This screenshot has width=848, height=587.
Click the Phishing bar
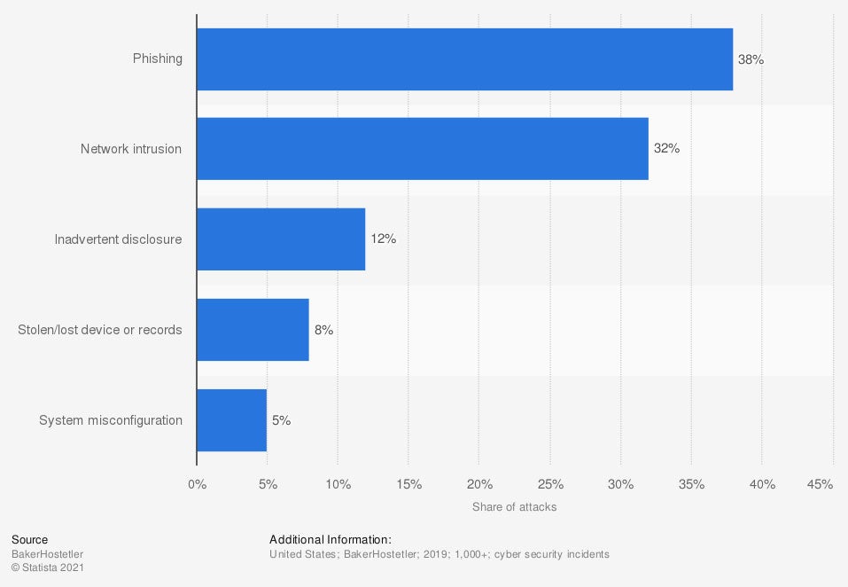(x=464, y=59)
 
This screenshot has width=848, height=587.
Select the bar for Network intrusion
(x=422, y=149)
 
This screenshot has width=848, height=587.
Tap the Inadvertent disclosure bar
(x=281, y=239)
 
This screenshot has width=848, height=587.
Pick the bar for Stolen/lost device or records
(x=253, y=330)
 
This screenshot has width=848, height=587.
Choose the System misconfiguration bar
(x=231, y=420)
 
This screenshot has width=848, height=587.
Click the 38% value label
(x=751, y=59)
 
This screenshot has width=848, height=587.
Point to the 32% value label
(x=666, y=149)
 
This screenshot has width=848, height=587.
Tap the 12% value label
(x=383, y=239)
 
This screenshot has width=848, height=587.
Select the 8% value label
(x=323, y=330)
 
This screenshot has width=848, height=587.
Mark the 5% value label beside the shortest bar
(x=281, y=420)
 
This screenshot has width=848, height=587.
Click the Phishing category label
(x=158, y=59)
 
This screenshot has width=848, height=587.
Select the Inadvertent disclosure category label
(x=118, y=239)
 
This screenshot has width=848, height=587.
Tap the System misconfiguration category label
(x=111, y=420)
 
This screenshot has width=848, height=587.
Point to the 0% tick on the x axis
(x=197, y=484)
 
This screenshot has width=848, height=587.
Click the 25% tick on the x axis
(x=550, y=484)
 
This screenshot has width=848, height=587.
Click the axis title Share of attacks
(x=515, y=507)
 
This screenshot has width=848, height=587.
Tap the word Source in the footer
(x=30, y=539)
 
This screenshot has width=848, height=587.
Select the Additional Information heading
(x=331, y=539)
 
